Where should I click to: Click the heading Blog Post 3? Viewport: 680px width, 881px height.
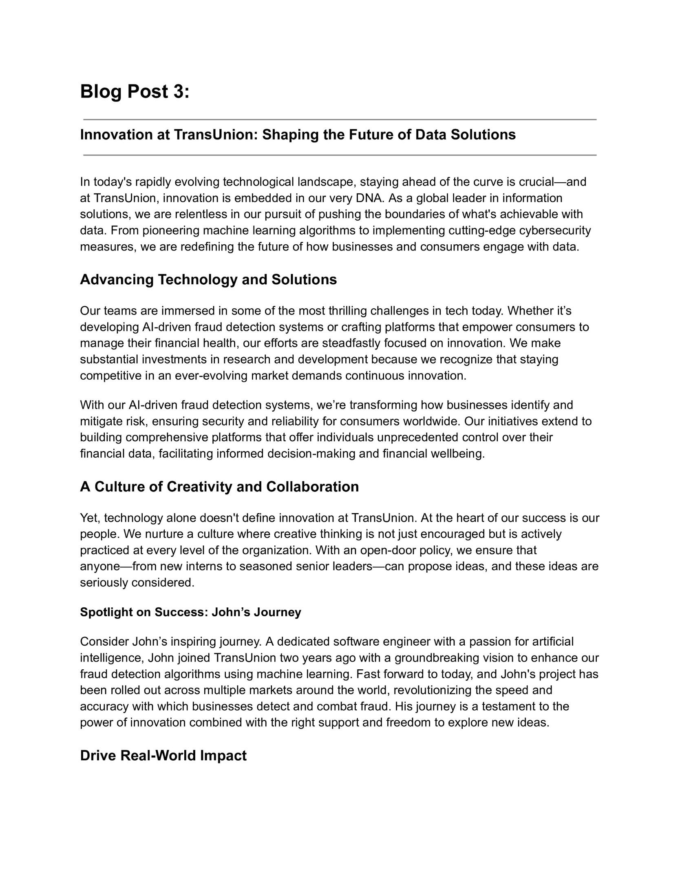(135, 91)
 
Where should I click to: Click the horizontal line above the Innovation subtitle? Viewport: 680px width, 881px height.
(340, 120)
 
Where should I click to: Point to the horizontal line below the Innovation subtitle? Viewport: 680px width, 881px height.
(340, 155)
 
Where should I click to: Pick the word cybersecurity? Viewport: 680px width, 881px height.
(555, 231)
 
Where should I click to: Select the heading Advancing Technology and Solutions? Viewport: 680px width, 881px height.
(208, 280)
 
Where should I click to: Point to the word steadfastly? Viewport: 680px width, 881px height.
(351, 343)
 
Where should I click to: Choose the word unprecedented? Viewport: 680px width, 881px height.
(418, 438)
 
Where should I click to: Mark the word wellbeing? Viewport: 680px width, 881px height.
(458, 454)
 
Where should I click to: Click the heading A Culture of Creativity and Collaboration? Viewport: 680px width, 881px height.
(219, 487)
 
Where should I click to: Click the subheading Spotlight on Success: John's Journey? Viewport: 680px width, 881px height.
(190, 612)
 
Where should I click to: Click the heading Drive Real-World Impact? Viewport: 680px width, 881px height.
(163, 755)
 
